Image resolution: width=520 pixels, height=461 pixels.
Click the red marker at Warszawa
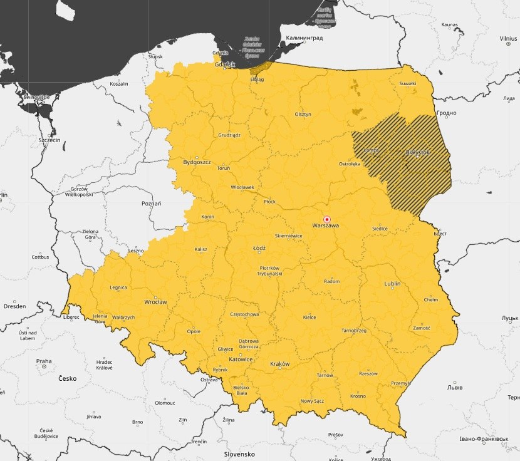[x=326, y=219]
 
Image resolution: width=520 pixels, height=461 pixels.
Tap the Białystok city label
[x=418, y=152]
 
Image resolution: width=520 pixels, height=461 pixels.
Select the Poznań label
[x=152, y=204]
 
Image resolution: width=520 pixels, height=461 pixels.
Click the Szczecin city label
[x=49, y=140]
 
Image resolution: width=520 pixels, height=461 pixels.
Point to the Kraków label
[x=279, y=364]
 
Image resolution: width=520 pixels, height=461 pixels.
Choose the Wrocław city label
[x=155, y=302]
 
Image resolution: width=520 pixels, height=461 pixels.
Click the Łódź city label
[x=259, y=249]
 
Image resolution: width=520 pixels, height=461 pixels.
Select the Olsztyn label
[x=303, y=115]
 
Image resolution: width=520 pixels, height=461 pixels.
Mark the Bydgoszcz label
[x=197, y=162]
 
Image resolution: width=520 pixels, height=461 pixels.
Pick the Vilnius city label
[x=508, y=38]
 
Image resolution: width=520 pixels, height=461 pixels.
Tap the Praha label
[x=44, y=361]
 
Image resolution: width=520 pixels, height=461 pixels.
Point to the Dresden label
[x=14, y=306]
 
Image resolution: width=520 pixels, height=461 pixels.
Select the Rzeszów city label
[x=368, y=373]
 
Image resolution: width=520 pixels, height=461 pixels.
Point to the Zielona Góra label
[x=90, y=234]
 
